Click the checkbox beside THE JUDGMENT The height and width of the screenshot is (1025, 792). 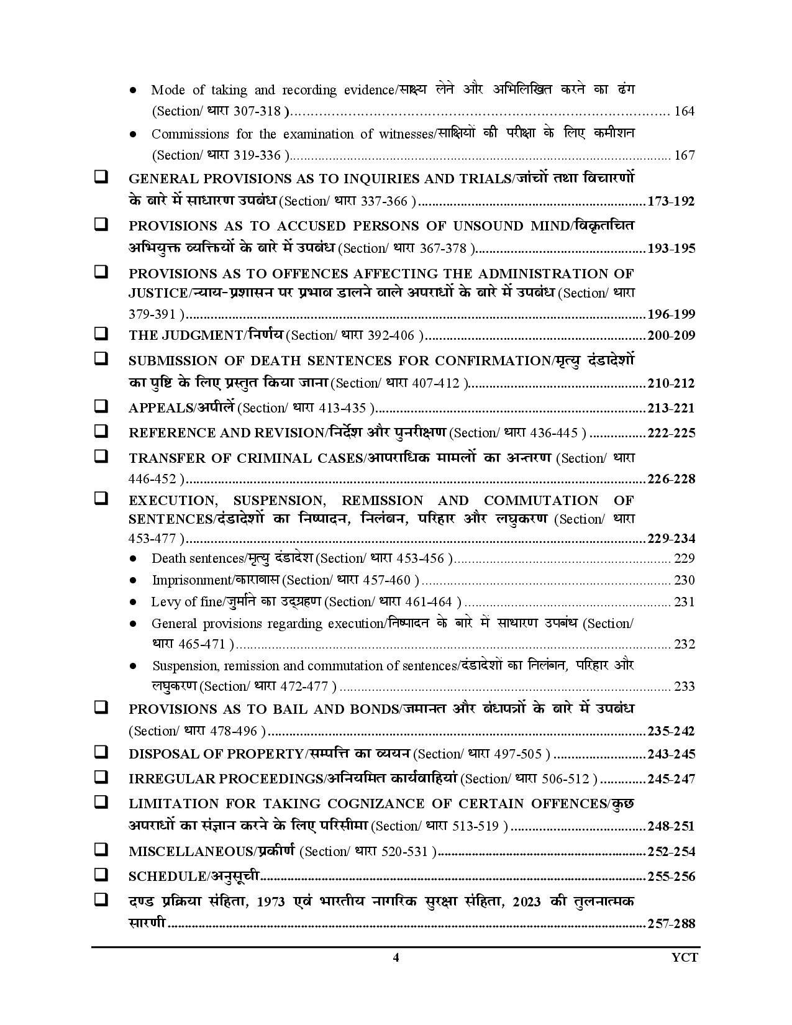click(x=100, y=334)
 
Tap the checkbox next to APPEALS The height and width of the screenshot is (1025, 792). click(x=100, y=406)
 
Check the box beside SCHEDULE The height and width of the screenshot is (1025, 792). click(x=100, y=875)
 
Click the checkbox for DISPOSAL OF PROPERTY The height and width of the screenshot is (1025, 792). click(x=100, y=752)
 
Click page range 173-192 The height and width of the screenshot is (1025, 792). click(x=671, y=201)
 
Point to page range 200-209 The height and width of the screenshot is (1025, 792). click(x=671, y=335)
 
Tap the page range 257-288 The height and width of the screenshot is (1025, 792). click(x=671, y=923)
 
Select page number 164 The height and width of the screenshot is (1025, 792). click(x=684, y=112)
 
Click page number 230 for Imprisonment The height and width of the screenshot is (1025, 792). click(x=684, y=580)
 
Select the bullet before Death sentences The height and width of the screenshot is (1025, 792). click(x=134, y=558)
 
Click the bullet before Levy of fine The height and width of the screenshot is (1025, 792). click(x=134, y=602)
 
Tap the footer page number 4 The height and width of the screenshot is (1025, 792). click(x=396, y=957)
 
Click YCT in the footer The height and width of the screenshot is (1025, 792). click(x=685, y=957)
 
